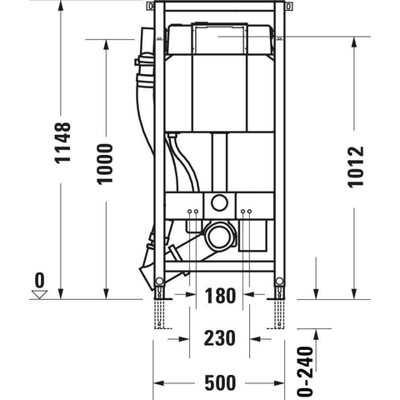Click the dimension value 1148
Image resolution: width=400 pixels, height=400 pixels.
62,142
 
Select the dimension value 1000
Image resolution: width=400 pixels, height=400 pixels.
105,164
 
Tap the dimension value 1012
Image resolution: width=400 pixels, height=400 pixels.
356,167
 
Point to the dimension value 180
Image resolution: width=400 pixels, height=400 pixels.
220,296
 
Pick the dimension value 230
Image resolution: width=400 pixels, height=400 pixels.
219,338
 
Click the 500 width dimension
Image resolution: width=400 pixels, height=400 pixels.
220,382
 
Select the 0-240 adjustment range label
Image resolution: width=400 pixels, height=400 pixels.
305,371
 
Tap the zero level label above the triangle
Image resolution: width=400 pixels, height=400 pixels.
40,280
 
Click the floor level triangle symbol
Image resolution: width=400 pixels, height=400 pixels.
39,294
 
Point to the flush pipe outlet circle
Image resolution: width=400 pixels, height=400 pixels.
219,202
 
